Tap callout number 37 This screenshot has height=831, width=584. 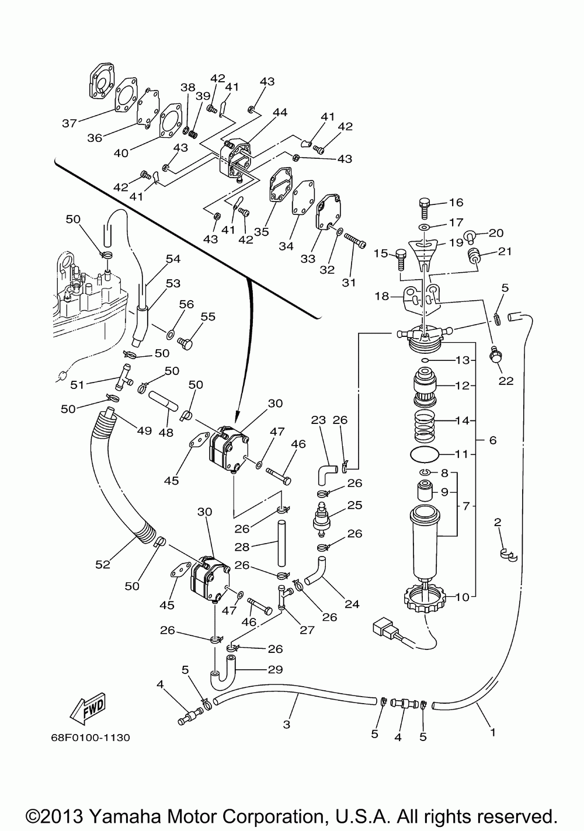pos(69,123)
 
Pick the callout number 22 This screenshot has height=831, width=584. pos(506,381)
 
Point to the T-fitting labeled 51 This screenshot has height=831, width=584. pos(123,377)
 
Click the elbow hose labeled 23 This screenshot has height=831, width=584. pos(326,472)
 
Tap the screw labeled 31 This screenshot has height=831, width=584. pos(355,240)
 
